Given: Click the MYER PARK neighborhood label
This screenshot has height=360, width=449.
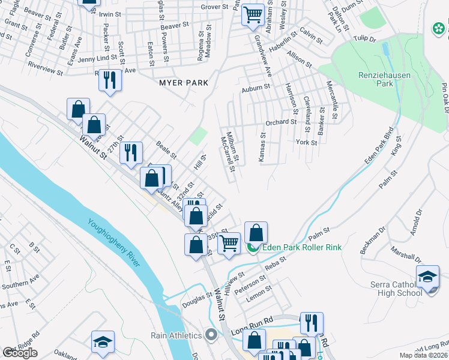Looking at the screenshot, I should coord(183,82).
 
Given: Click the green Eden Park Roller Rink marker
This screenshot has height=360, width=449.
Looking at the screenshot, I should coord(253,247).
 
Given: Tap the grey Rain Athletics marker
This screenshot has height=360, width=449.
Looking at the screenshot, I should coord(210,334).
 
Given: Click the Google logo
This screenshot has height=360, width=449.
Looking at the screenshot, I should coord(20,353).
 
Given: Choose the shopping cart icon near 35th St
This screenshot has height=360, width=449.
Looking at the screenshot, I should coord(229,243).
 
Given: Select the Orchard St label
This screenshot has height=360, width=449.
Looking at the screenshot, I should coord(281,122).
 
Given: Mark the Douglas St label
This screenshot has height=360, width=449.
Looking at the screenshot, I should coord(194,303).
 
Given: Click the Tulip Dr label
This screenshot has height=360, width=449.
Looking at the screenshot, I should coord(364,39).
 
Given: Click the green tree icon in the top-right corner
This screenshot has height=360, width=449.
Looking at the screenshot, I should coord(439,28).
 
